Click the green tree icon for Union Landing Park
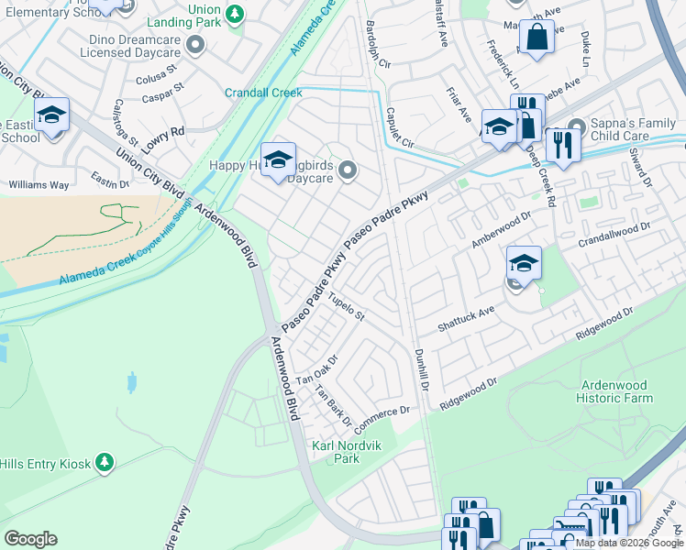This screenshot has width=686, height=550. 236,15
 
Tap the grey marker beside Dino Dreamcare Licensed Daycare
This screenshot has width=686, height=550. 194,44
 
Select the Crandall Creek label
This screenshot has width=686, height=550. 262,93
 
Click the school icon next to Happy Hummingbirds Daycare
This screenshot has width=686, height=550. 278,160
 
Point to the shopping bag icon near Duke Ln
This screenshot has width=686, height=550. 537,38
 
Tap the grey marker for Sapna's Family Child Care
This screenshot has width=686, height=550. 576,127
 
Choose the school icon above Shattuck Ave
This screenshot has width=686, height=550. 524,264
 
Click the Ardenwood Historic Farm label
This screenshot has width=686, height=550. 614,391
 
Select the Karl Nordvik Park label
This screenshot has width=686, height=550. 335,451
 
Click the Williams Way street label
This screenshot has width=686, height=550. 39,185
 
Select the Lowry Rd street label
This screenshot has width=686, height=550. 164,133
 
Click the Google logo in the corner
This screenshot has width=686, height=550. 30,539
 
